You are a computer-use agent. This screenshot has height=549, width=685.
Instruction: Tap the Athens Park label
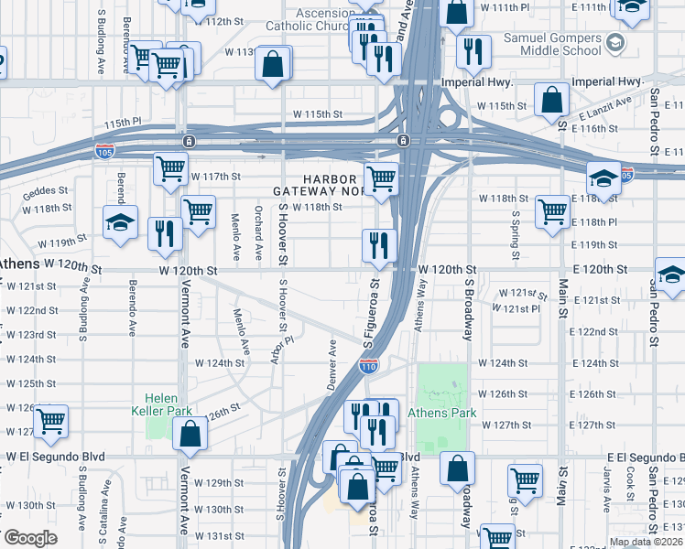point(448,413)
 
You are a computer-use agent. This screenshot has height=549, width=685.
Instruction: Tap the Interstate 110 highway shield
point(368,366)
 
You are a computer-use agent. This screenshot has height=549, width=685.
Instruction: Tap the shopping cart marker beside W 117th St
point(170,170)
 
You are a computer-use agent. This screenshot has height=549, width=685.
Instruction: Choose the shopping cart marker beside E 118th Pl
point(552,212)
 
